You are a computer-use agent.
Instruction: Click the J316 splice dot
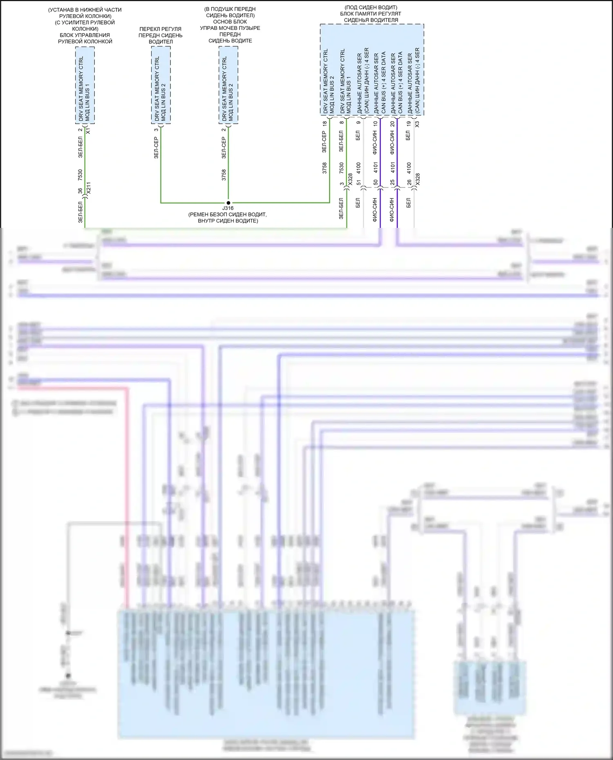(228, 203)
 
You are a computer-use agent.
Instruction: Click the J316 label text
(228, 208)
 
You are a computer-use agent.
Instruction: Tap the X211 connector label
(89, 188)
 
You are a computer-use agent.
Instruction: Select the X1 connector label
(88, 131)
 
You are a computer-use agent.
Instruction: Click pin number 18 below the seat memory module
(325, 123)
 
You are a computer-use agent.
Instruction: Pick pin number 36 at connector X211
(80, 190)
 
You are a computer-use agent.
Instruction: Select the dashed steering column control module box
(85, 85)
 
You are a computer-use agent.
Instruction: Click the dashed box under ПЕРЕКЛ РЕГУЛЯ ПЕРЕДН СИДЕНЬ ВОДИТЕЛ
(161, 85)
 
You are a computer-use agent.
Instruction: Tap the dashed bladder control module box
(228, 85)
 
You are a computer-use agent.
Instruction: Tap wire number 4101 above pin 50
(376, 167)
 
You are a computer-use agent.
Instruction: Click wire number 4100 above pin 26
(409, 167)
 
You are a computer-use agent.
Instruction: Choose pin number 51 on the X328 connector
(359, 183)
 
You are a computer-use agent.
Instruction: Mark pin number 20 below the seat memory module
(392, 123)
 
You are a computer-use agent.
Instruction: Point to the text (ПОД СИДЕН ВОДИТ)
(371, 7)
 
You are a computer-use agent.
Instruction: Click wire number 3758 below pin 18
(325, 168)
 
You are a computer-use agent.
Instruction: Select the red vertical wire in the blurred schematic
(128, 490)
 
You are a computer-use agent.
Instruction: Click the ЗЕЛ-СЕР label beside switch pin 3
(156, 147)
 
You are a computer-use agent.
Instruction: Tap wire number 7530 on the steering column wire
(80, 175)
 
